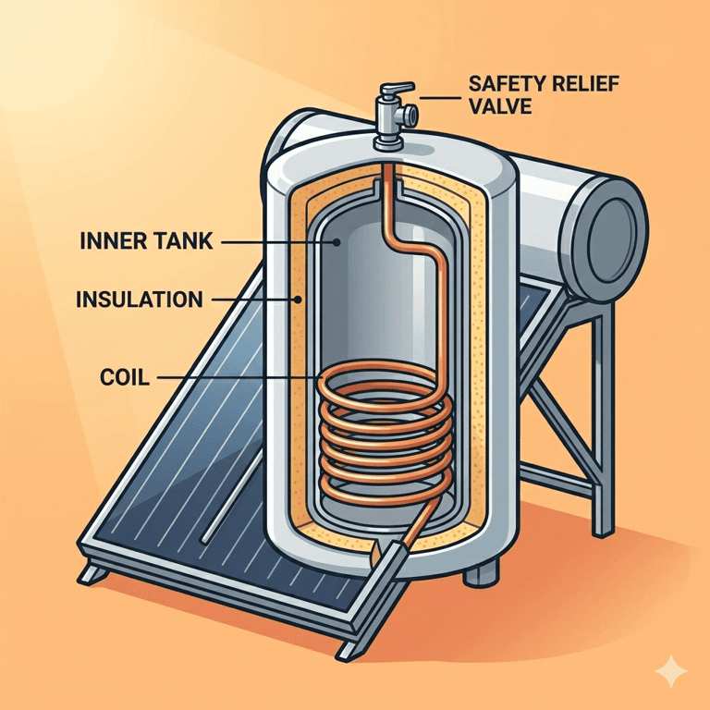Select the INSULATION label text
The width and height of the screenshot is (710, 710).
[x=140, y=299]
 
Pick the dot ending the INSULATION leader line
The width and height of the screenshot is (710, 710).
[x=298, y=299]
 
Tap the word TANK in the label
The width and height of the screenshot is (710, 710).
[x=184, y=242]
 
